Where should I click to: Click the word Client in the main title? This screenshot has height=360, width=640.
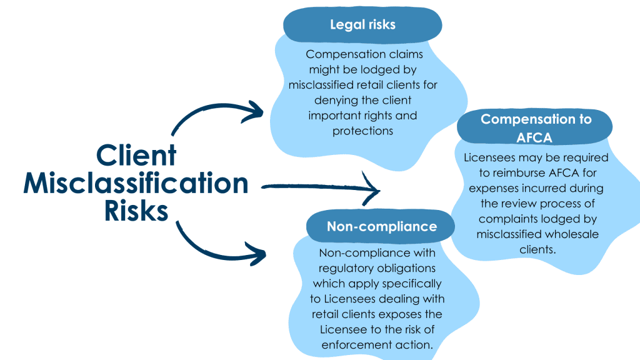point(136,155)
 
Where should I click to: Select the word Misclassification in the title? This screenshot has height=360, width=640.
point(136,184)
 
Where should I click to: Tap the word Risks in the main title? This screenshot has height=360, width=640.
point(136,211)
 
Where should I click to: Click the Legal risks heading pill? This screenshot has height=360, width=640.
point(362,25)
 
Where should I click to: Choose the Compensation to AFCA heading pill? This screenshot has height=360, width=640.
point(536,127)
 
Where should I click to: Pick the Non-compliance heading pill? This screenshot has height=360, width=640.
point(381,226)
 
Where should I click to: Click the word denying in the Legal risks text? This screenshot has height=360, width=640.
point(333,101)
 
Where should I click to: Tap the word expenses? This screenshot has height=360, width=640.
point(494,188)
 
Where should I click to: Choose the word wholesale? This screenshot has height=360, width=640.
point(569,234)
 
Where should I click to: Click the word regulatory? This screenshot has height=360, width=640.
point(345,269)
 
